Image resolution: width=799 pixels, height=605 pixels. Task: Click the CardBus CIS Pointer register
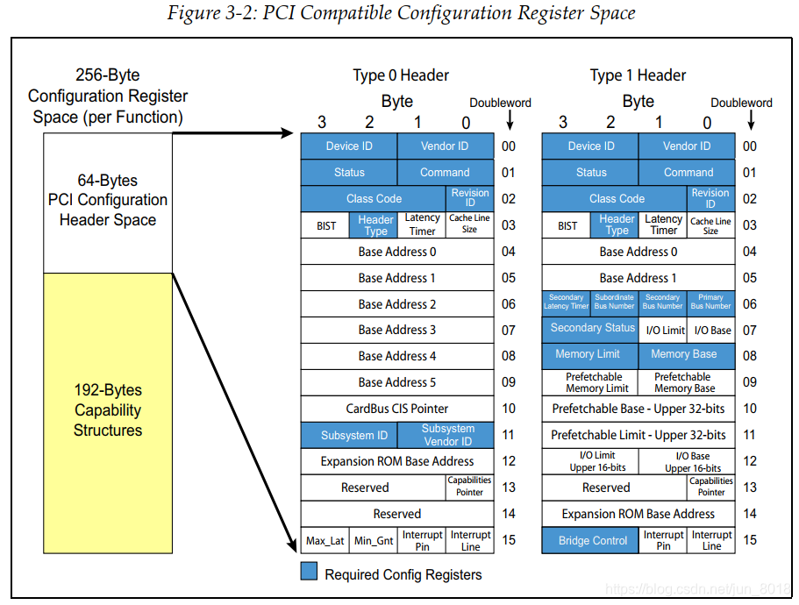[397, 409]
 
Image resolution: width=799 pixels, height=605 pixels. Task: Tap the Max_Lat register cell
[325, 540]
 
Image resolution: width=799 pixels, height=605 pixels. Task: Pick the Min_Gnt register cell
[374, 540]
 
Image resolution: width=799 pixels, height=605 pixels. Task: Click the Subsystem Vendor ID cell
[446, 435]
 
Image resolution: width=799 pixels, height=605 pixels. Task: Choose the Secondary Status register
[592, 329]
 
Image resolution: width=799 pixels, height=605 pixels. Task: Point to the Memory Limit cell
[588, 355]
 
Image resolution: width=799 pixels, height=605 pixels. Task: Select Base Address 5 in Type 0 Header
[397, 382]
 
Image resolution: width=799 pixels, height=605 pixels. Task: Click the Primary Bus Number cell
[710, 302]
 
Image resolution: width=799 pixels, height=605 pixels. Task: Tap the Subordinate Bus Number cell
[614, 302]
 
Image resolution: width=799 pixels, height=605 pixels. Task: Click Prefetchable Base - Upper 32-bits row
[638, 409]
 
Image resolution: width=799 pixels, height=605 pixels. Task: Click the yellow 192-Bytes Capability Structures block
[108, 410]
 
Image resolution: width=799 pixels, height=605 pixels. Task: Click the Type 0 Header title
[401, 75]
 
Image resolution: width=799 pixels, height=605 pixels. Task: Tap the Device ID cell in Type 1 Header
[590, 146]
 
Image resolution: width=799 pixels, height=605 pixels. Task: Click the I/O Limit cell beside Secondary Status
[665, 330]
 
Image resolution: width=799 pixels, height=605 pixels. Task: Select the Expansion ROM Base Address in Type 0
[397, 461]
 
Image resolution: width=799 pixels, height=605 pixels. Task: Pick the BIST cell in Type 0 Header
[325, 225]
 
